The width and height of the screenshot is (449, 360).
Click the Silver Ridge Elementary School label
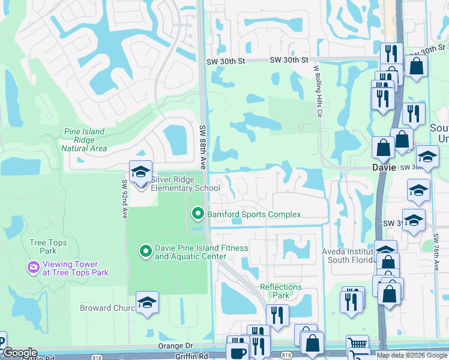click(178, 183)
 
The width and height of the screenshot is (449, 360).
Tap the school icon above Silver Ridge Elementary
click(140, 172)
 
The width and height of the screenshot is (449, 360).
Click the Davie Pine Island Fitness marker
click(145, 251)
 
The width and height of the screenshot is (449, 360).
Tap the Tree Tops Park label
click(48, 247)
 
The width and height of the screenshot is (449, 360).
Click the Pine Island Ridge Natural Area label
click(84, 140)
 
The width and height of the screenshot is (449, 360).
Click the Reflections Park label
click(280, 291)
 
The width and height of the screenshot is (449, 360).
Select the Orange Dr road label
click(175, 346)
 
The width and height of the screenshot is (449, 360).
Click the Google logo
click(19, 353)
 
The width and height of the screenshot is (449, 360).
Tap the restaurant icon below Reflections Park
click(277, 315)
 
